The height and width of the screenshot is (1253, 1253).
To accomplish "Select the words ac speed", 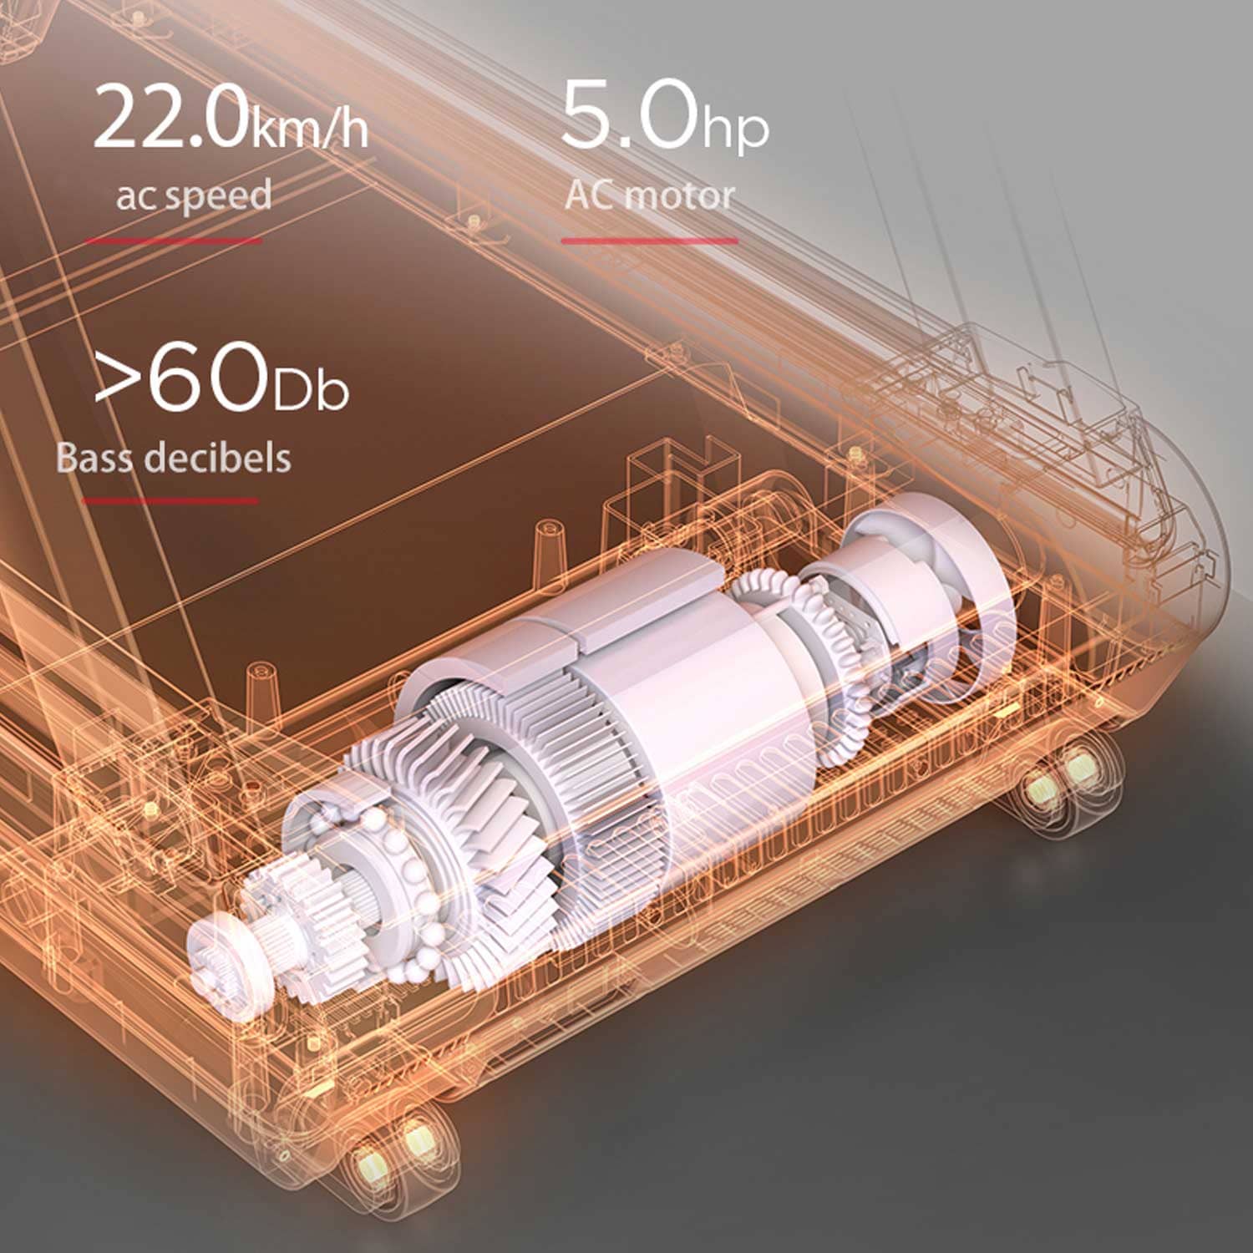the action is tap(194, 196).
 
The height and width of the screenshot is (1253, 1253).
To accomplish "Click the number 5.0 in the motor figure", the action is tap(629, 114).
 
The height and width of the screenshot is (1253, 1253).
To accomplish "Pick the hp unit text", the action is tap(734, 127).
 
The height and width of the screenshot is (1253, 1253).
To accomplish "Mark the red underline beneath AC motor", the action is tap(649, 241).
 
